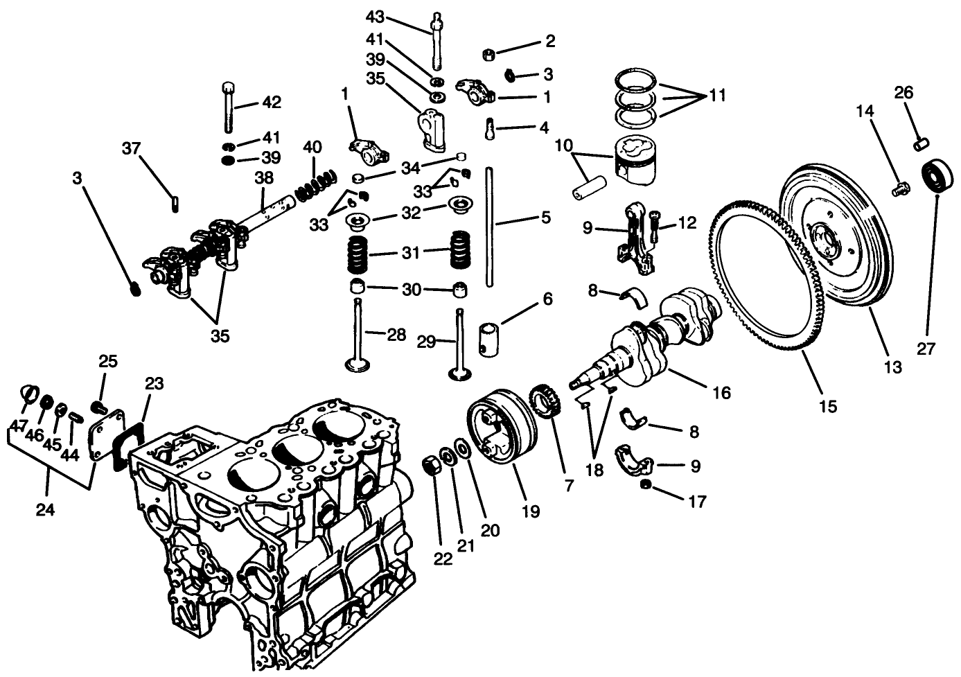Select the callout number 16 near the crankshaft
(721, 393)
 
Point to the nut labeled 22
(431, 465)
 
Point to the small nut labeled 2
(488, 53)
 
